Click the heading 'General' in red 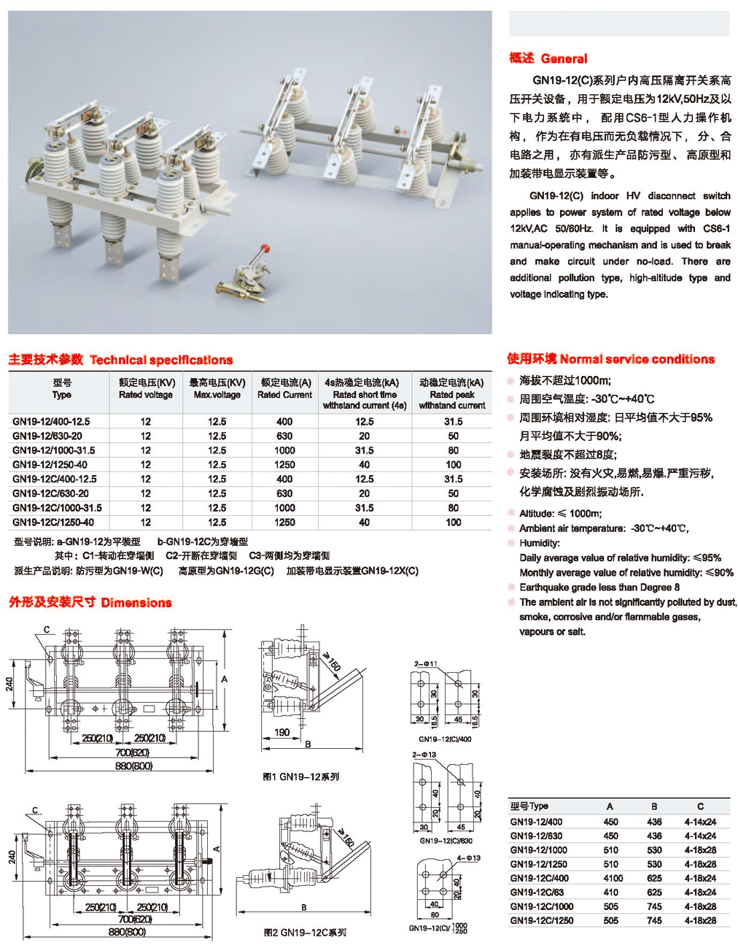click(x=564, y=58)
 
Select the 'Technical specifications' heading click(x=161, y=360)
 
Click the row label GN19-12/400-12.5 click(x=51, y=422)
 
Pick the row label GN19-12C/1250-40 click(x=53, y=523)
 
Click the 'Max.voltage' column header click(x=217, y=395)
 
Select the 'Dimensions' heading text click(x=136, y=603)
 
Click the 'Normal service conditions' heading click(x=637, y=359)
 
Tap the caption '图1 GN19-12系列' click(x=301, y=777)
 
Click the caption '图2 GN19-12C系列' click(x=305, y=933)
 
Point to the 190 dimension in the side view click(x=281, y=733)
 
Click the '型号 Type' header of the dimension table click(x=529, y=806)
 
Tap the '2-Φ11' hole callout click(x=425, y=664)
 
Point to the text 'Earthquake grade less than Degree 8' click(x=599, y=587)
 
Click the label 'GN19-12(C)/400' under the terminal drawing click(x=445, y=739)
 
